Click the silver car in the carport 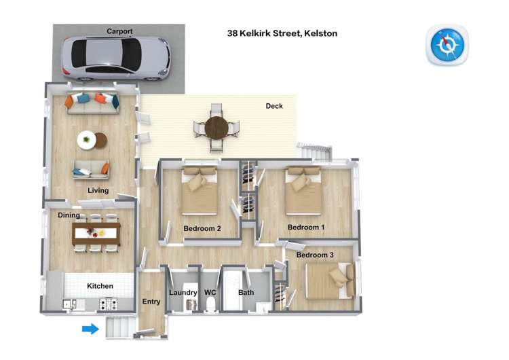115,56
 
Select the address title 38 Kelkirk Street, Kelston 282,33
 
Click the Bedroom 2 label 202,228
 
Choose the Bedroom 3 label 315,255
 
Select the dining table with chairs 96,232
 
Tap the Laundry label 183,293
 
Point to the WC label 210,293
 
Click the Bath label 246,293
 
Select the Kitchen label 100,286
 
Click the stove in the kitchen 107,304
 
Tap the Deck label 274,106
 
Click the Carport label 119,31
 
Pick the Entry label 151,302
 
